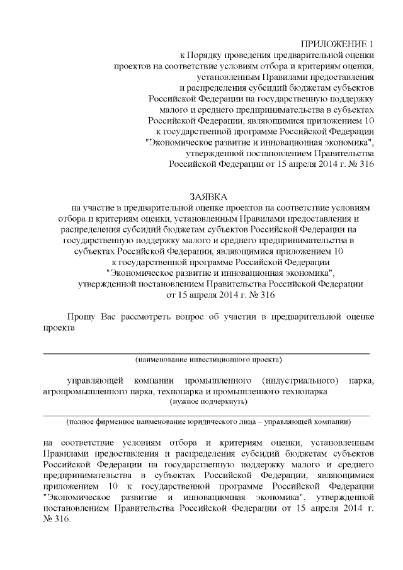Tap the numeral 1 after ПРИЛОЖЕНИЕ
[372, 43]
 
